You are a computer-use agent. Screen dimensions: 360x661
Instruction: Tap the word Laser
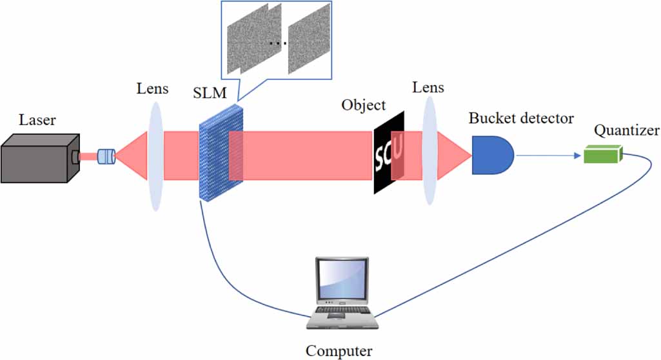pyautogui.click(x=37, y=120)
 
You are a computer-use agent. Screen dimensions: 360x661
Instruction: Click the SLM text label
pyautogui.click(x=210, y=93)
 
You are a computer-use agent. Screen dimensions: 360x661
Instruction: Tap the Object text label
pyautogui.click(x=364, y=105)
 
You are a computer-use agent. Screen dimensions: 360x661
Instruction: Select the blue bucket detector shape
pyautogui.click(x=492, y=155)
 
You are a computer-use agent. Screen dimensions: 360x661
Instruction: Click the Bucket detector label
pyautogui.click(x=521, y=119)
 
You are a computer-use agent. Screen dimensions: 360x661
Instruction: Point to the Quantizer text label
pyautogui.click(x=626, y=131)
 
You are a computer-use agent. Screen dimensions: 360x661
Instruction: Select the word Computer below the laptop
pyautogui.click(x=339, y=351)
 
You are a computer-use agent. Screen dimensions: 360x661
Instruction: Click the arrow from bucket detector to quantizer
pyautogui.click(x=548, y=155)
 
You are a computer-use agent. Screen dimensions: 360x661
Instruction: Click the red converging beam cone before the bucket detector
pyautogui.click(x=455, y=155)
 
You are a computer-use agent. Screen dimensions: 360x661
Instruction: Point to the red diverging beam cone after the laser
pyautogui.click(x=132, y=156)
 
